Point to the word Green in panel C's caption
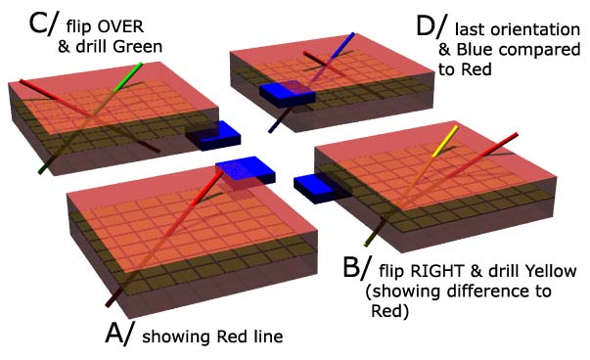coord(138,47)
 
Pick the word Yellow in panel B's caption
coord(551,271)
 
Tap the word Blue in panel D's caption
coord(474,49)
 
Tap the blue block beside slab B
coord(319,188)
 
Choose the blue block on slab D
coord(287,94)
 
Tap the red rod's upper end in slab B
coord(515,135)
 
